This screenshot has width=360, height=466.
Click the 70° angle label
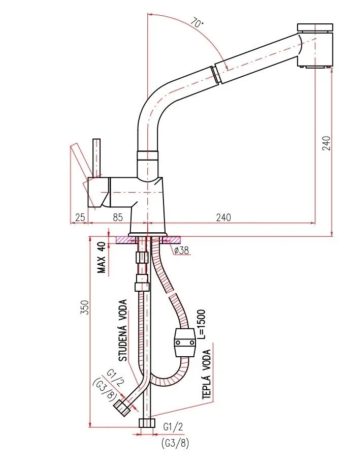tap(197, 23)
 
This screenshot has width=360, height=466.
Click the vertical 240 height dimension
tap(326, 143)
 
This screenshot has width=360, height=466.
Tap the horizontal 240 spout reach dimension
tap(223, 218)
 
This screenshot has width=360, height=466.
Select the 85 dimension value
tap(118, 218)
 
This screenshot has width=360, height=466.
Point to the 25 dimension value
tap(80, 218)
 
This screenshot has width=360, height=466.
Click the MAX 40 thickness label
tap(102, 257)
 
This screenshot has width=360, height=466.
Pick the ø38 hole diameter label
tap(181, 251)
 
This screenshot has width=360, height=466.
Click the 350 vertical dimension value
tap(85, 307)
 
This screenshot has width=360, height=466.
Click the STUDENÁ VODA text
tap(123, 330)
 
